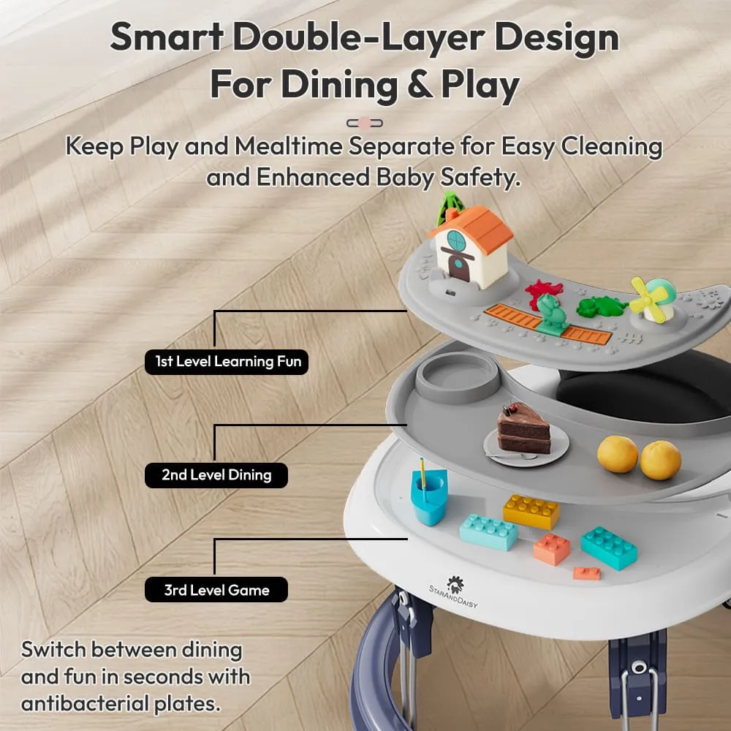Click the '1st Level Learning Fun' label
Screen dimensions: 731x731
[227, 361]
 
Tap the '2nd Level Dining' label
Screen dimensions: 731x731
[216, 475]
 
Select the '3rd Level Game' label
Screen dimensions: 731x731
[216, 590]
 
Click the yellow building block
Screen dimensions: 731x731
[531, 510]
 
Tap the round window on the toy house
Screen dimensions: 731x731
[456, 239]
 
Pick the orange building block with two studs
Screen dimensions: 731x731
[552, 548]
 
